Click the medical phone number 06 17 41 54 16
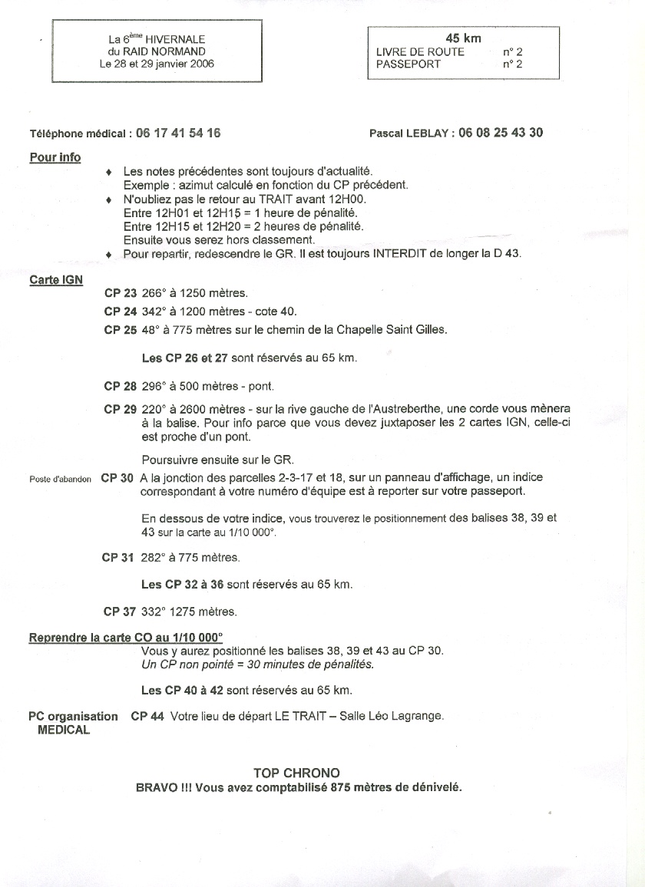[178, 133]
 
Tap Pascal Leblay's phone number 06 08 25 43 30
[501, 132]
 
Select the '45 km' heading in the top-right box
[464, 38]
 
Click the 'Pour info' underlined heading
[55, 157]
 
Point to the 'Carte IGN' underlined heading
[55, 279]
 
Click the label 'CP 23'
[120, 294]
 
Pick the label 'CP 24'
[120, 312]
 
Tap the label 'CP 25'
[120, 330]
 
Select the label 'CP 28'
[120, 387]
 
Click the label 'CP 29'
[120, 410]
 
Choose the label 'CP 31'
[118, 557]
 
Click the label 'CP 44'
[147, 717]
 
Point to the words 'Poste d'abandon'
[61, 479]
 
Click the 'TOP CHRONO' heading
[296, 773]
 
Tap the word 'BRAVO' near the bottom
[151, 787]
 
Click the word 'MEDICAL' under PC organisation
[64, 730]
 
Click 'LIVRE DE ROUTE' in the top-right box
[420, 51]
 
